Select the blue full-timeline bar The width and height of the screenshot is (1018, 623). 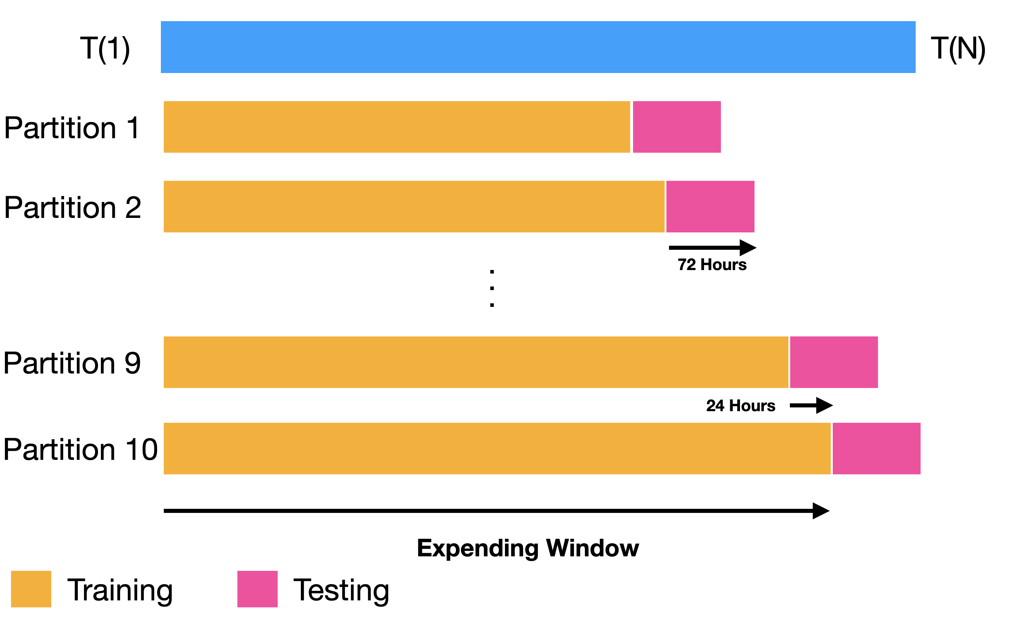pyautogui.click(x=538, y=47)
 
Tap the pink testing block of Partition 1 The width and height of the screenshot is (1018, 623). pyautogui.click(x=677, y=127)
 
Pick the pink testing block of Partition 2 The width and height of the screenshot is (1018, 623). pyautogui.click(x=710, y=207)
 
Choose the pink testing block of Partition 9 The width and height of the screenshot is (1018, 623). pyautogui.click(x=834, y=362)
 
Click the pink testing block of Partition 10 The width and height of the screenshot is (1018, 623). pyautogui.click(x=876, y=448)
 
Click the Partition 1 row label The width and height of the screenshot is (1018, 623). pyautogui.click(x=72, y=128)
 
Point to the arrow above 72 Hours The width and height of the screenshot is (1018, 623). pyautogui.click(x=712, y=248)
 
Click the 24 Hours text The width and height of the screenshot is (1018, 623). pyautogui.click(x=740, y=406)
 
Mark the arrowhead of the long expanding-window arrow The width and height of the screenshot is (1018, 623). pyautogui.click(x=821, y=511)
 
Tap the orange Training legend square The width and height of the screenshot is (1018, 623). pyautogui.click(x=31, y=589)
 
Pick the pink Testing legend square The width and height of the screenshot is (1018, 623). pyautogui.click(x=257, y=589)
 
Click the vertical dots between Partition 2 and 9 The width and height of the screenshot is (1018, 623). pyautogui.click(x=492, y=288)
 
